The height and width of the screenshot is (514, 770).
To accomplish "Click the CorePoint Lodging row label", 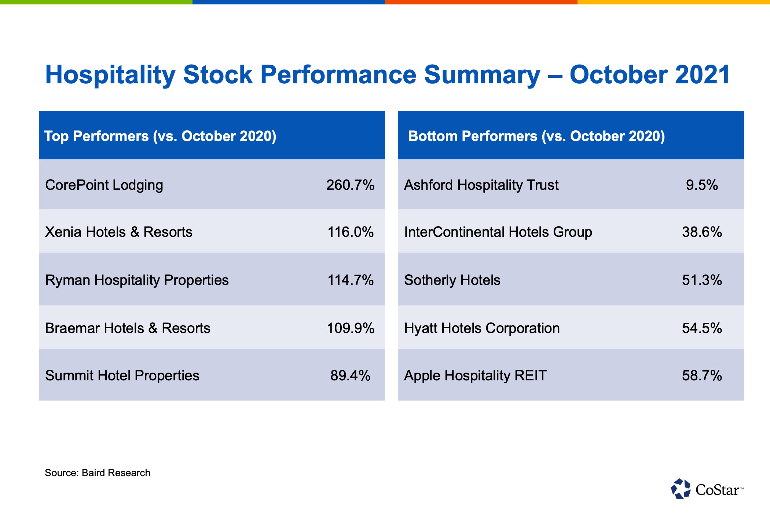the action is pos(104,185).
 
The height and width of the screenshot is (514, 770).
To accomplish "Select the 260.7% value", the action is pos(350,185).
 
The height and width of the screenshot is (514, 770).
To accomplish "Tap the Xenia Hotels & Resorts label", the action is pos(119,232).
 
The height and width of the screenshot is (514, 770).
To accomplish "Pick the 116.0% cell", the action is pos(350,232).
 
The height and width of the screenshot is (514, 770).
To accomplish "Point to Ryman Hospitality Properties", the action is pos(137,280).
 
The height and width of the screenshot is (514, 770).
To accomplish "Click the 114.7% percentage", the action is pos(350,280).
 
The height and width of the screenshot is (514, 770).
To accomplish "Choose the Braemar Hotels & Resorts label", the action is pos(128,328).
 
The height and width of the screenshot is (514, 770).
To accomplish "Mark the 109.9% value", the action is pos(350,328).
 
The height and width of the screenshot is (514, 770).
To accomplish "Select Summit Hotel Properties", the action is pos(122,376).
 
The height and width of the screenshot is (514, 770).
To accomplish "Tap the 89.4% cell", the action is pos(350,376).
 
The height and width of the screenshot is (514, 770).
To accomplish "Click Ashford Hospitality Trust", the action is pos(481,185).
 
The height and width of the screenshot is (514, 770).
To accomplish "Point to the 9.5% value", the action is pos(702,185).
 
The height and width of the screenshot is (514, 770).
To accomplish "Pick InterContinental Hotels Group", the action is pos(498,232).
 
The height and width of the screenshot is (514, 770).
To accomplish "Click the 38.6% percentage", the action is pos(702,232).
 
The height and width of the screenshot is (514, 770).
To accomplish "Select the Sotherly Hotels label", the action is pos(452,280).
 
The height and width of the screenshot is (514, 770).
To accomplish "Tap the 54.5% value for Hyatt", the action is pos(702,328).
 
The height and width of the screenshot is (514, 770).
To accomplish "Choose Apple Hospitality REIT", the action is pos(475,376).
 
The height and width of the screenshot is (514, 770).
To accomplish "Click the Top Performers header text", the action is pos(160,136).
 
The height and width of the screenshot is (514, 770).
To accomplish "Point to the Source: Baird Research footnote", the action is pos(98,473).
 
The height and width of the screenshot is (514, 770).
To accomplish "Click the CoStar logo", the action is pos(707,489).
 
